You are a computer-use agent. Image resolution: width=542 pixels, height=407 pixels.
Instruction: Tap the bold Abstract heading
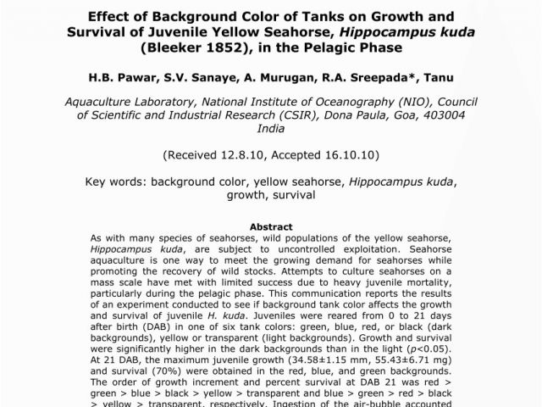271,227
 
